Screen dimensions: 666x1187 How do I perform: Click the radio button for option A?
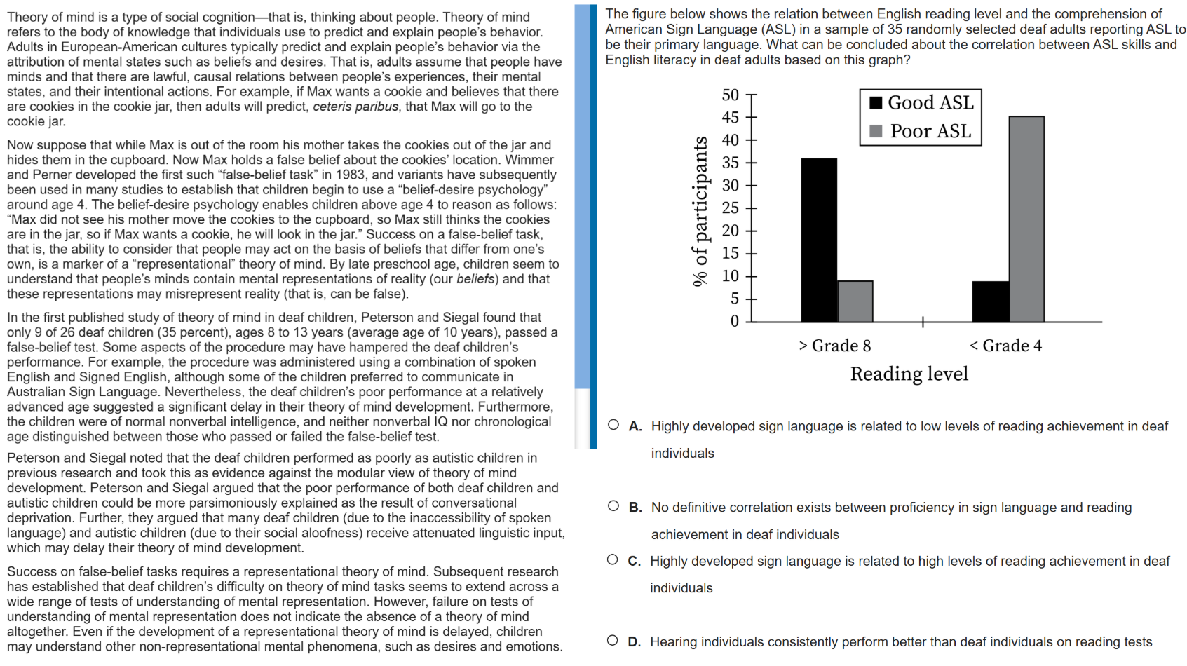(x=613, y=425)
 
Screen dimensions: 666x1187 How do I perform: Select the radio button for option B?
(x=613, y=506)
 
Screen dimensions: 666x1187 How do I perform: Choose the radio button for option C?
(x=613, y=559)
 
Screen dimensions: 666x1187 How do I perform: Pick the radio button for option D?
(x=613, y=640)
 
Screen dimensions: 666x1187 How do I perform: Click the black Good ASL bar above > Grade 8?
(x=819, y=240)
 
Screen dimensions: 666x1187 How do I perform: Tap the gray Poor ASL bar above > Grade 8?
(x=855, y=301)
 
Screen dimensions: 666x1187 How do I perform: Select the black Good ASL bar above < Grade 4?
(x=991, y=301)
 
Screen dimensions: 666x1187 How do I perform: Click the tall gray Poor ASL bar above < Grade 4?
(x=1026, y=219)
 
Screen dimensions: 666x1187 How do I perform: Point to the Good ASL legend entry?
(x=921, y=103)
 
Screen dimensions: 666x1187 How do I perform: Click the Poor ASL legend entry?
(x=921, y=131)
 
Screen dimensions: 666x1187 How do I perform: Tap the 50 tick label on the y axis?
(x=731, y=95)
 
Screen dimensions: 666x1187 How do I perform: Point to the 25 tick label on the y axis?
(x=731, y=208)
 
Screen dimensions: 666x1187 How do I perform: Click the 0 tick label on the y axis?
(x=734, y=321)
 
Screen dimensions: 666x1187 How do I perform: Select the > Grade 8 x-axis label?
(x=834, y=346)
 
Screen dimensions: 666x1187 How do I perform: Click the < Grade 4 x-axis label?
(x=1005, y=346)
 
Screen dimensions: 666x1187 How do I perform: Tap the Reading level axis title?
(x=909, y=374)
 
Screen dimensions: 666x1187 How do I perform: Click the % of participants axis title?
(x=700, y=211)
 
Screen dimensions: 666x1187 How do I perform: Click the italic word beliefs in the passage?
(x=475, y=279)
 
